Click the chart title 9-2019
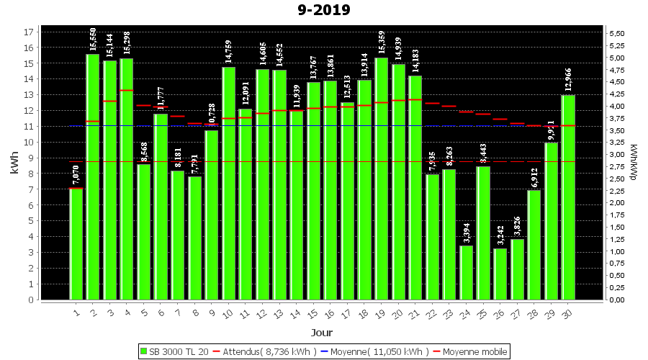click(324, 10)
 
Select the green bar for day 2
click(93, 176)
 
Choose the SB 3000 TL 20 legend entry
click(175, 351)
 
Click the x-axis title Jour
click(322, 333)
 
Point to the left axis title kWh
click(14, 163)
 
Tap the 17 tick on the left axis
click(29, 32)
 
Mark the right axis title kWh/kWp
click(633, 163)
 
